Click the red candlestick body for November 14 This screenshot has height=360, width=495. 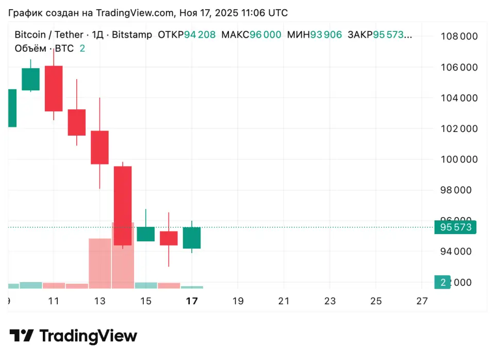[x=123, y=205]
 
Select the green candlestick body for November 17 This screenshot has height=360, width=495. [x=192, y=238]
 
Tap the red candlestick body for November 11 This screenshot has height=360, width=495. [x=54, y=88]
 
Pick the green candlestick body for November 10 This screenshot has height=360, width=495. [x=30, y=79]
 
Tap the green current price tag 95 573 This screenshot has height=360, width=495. [x=455, y=227]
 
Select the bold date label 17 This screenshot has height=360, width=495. [x=192, y=301]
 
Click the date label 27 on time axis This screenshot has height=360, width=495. [x=422, y=301]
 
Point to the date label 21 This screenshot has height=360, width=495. [x=284, y=301]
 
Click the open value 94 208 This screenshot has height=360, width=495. [x=200, y=35]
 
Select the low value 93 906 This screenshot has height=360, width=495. [x=325, y=35]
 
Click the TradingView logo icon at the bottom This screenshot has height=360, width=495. [x=22, y=336]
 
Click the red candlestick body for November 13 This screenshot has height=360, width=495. [x=100, y=147]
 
